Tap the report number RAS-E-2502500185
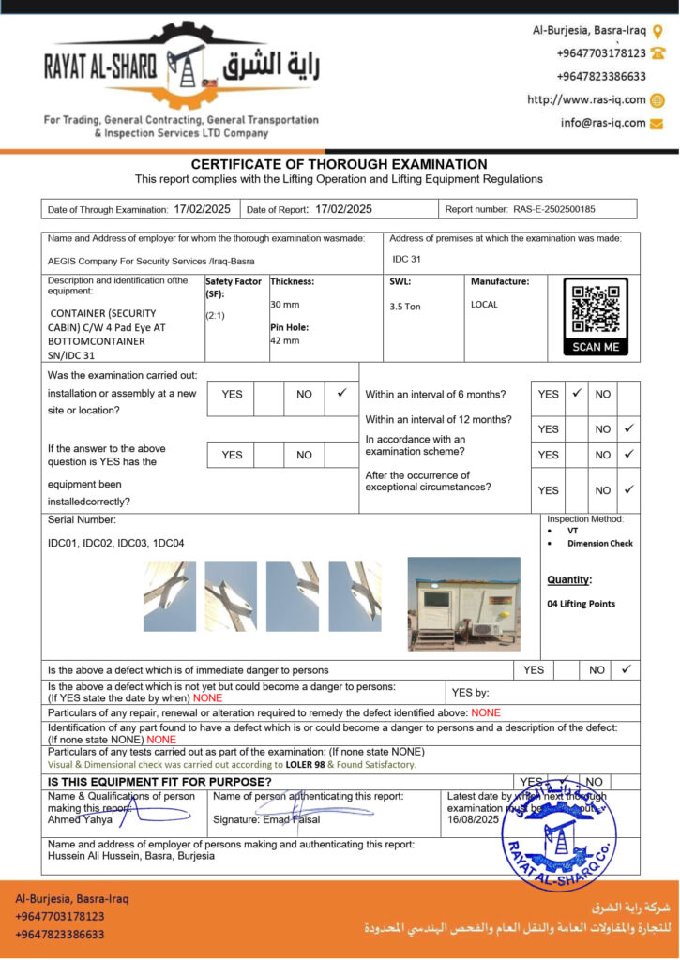tap(553, 209)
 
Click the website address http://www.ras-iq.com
tap(586, 99)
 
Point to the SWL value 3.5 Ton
tap(405, 307)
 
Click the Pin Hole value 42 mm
tap(285, 340)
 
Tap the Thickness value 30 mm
tap(285, 305)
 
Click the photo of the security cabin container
tap(464, 605)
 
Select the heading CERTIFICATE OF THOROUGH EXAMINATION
tap(340, 164)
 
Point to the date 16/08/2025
tap(471, 818)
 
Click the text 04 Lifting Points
tap(581, 604)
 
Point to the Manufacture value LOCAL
tap(484, 305)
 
